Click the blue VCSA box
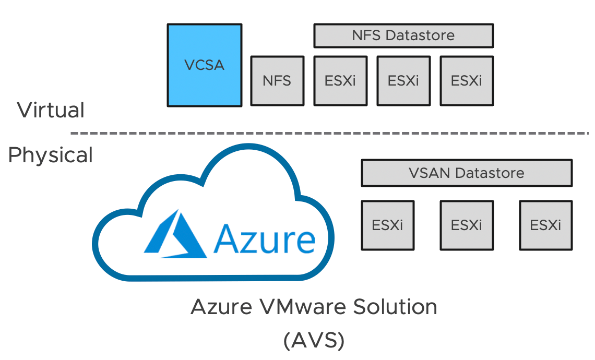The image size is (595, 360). [204, 65]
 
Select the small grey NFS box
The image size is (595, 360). [277, 81]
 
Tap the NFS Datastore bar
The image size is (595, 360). [403, 35]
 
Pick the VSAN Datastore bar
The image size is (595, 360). [466, 173]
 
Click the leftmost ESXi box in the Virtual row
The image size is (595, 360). [340, 81]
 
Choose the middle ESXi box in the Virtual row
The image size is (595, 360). [403, 81]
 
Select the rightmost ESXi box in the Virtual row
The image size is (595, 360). [466, 81]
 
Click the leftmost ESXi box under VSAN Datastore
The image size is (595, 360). [387, 225]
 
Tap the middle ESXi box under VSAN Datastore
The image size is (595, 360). [466, 225]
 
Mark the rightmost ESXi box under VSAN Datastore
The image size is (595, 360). [545, 225]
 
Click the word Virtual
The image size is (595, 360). [51, 111]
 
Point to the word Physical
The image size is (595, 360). [51, 155]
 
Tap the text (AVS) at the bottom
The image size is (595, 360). [314, 340]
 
